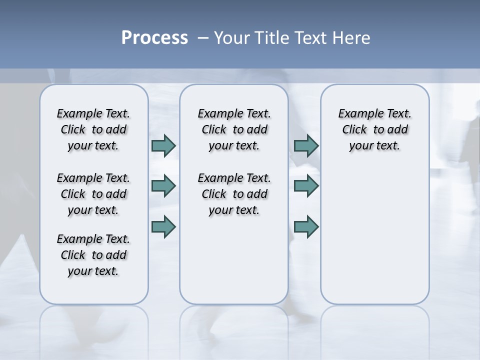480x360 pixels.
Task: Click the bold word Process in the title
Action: click(x=154, y=38)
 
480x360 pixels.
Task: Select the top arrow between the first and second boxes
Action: click(x=163, y=145)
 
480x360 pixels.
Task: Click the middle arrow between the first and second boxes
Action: click(x=163, y=186)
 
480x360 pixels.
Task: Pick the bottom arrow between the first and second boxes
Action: click(x=163, y=227)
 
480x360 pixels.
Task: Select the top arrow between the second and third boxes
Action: click(x=306, y=145)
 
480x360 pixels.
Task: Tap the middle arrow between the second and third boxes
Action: click(x=306, y=186)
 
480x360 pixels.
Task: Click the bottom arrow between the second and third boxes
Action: click(x=306, y=227)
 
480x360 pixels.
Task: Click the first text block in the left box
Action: click(x=93, y=129)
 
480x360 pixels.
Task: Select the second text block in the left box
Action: click(x=93, y=194)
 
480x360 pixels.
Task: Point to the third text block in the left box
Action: click(x=93, y=255)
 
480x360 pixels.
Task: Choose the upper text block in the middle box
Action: click(x=234, y=129)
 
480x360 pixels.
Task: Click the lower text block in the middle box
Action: click(x=234, y=194)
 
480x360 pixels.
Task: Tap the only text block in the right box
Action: click(x=374, y=129)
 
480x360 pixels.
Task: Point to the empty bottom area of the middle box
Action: click(x=234, y=265)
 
